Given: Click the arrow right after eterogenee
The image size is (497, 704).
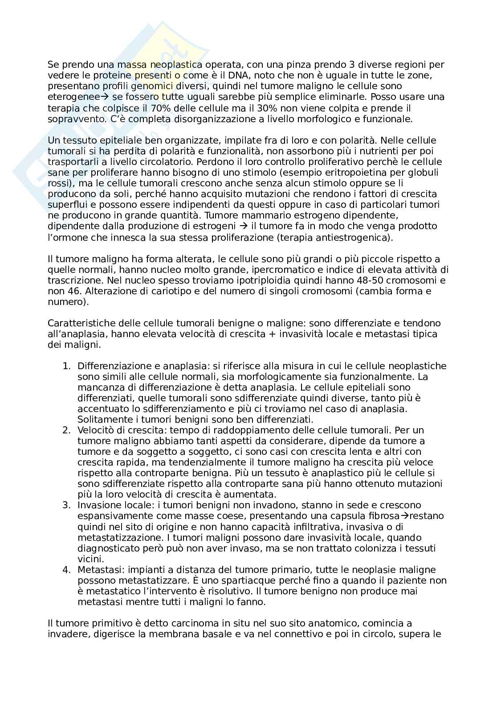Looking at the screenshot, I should [x=97, y=97].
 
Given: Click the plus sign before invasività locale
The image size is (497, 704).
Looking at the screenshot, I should [x=270, y=334].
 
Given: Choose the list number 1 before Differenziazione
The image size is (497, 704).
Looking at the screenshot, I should [x=66, y=366].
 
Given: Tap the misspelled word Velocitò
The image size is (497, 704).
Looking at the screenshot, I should [x=95, y=430].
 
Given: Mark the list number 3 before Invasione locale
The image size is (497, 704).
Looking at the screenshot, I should [x=66, y=505].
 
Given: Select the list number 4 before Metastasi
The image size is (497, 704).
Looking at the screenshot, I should [x=66, y=570].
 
